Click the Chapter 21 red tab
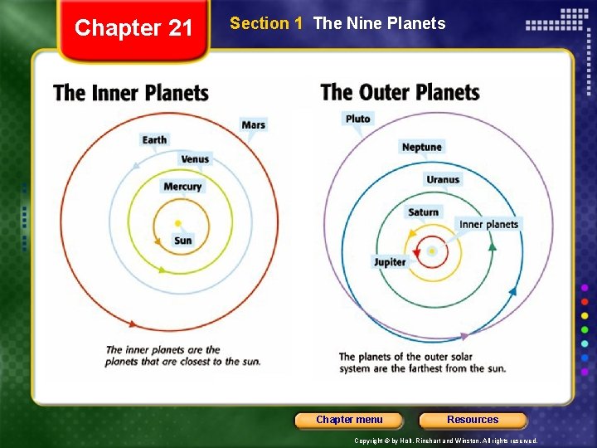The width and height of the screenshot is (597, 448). (133, 29)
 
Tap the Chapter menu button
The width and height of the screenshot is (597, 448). (349, 420)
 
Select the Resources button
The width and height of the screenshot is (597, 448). (473, 420)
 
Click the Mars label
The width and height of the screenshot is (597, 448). (253, 124)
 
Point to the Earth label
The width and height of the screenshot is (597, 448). (154, 139)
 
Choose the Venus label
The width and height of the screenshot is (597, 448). (195, 158)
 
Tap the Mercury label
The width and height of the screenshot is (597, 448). (182, 187)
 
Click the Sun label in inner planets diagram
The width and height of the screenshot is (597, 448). (182, 241)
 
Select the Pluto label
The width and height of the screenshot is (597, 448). (357, 119)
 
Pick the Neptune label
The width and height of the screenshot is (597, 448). (421, 147)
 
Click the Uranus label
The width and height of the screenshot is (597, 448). (443, 179)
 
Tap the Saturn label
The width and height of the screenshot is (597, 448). (423, 212)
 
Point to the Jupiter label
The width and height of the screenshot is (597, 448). (390, 262)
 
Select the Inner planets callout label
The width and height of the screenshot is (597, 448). (488, 224)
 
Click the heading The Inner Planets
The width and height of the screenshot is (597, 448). (131, 92)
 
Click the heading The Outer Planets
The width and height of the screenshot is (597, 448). (400, 91)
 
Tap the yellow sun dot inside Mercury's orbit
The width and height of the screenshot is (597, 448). (178, 223)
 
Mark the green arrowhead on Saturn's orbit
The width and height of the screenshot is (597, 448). (492, 246)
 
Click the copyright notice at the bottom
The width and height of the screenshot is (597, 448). (446, 441)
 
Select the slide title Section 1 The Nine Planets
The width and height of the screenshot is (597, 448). (337, 23)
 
